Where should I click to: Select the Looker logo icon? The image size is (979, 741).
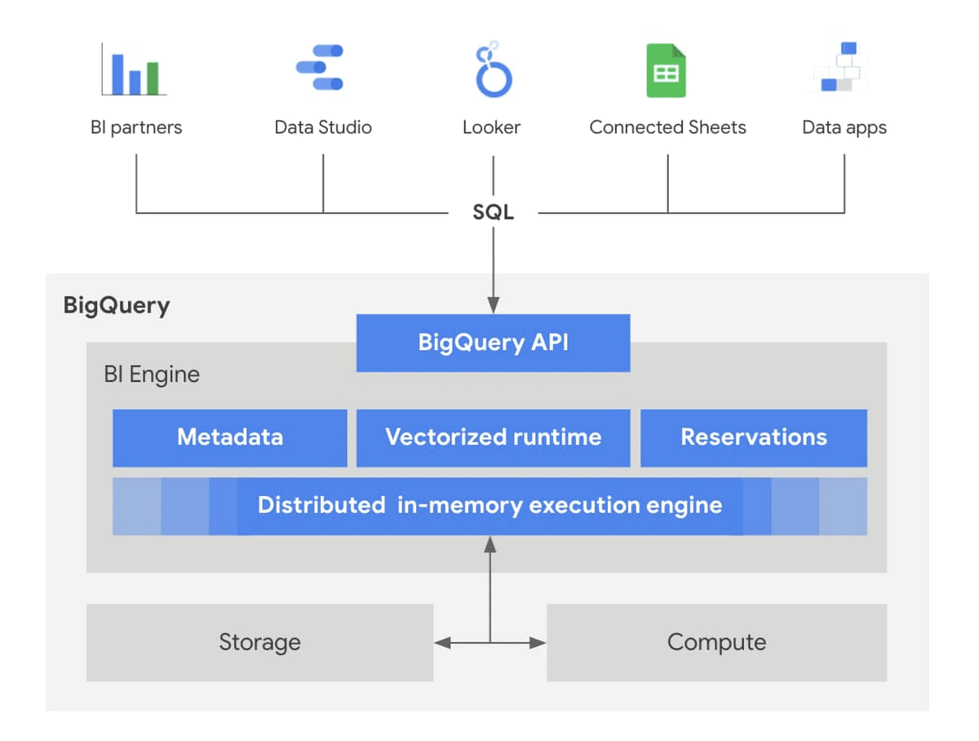(x=493, y=72)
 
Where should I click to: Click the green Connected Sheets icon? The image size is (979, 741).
(x=666, y=72)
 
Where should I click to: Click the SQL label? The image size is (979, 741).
(x=493, y=212)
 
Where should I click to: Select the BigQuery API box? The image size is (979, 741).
(x=493, y=343)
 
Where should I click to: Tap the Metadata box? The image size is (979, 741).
(x=229, y=437)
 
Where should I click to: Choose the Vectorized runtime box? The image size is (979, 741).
(x=493, y=437)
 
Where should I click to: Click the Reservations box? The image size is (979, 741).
(x=753, y=437)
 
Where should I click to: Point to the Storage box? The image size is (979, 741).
(x=259, y=642)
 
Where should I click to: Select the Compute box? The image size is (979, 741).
(x=716, y=642)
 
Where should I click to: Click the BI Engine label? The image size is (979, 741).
(x=152, y=375)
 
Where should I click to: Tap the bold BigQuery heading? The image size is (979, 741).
(x=117, y=306)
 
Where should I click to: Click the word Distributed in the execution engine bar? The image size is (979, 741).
(x=321, y=505)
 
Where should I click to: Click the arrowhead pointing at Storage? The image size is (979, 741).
(x=441, y=643)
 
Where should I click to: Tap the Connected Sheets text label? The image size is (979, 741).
(x=667, y=127)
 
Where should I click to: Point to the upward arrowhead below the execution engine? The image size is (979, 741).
(x=490, y=543)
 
